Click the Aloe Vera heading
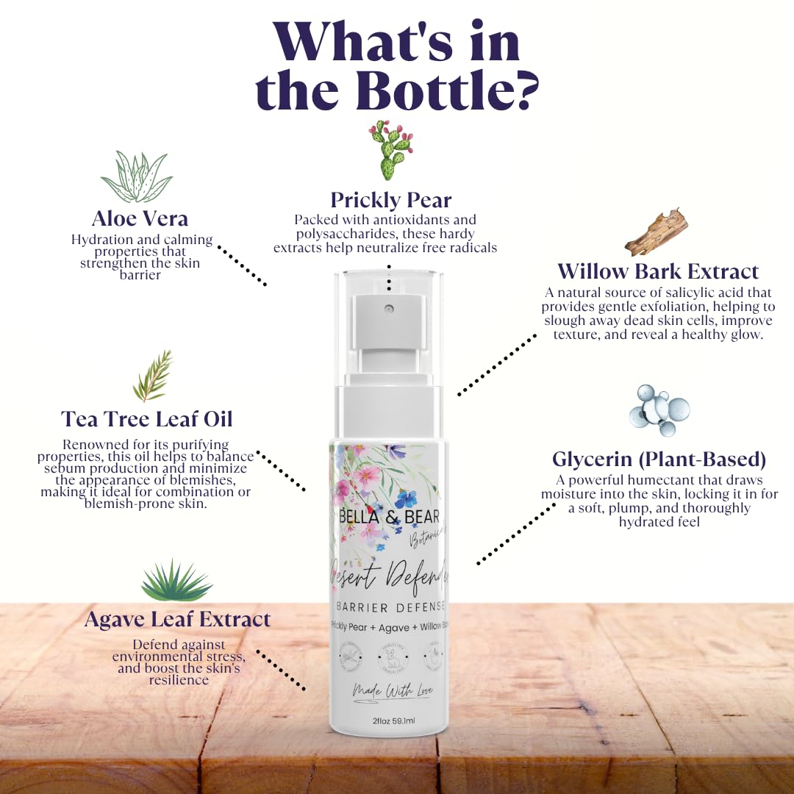pyautogui.click(x=140, y=218)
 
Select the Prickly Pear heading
pyautogui.click(x=390, y=200)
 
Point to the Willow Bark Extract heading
pyautogui.click(x=657, y=271)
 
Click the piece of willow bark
pyautogui.click(x=656, y=232)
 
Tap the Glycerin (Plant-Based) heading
pyautogui.click(x=659, y=459)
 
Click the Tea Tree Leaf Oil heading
pyautogui.click(x=146, y=419)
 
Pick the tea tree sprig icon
pyautogui.click(x=154, y=376)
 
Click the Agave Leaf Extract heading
pyautogui.click(x=177, y=619)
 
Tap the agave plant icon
pyautogui.click(x=176, y=581)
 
